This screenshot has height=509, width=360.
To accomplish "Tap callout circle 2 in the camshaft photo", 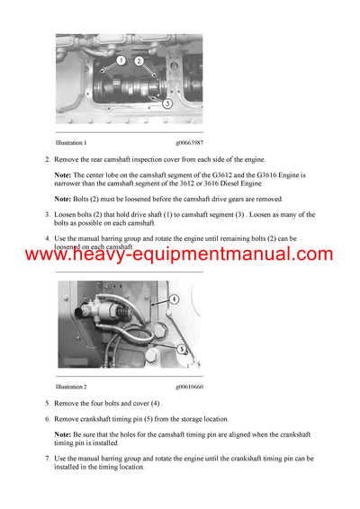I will pyautogui.click(x=139, y=61).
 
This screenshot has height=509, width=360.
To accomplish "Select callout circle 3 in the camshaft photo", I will pyautogui.click(x=167, y=103).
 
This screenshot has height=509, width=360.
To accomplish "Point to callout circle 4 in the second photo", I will pyautogui.click(x=173, y=299).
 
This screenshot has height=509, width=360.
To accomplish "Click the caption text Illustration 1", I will pyautogui.click(x=71, y=143).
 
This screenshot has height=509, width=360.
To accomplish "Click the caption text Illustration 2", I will pyautogui.click(x=71, y=388).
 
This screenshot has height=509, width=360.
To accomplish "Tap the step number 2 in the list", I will pyautogui.click(x=47, y=159).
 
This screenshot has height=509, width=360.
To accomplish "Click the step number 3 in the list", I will pyautogui.click(x=47, y=214).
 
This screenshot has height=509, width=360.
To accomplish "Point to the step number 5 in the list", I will pyautogui.click(x=47, y=404).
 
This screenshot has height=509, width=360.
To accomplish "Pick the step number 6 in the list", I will pyautogui.click(x=47, y=419).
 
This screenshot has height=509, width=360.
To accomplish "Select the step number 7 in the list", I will pyautogui.click(x=47, y=458).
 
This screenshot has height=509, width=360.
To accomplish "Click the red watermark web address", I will pyautogui.click(x=179, y=255).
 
